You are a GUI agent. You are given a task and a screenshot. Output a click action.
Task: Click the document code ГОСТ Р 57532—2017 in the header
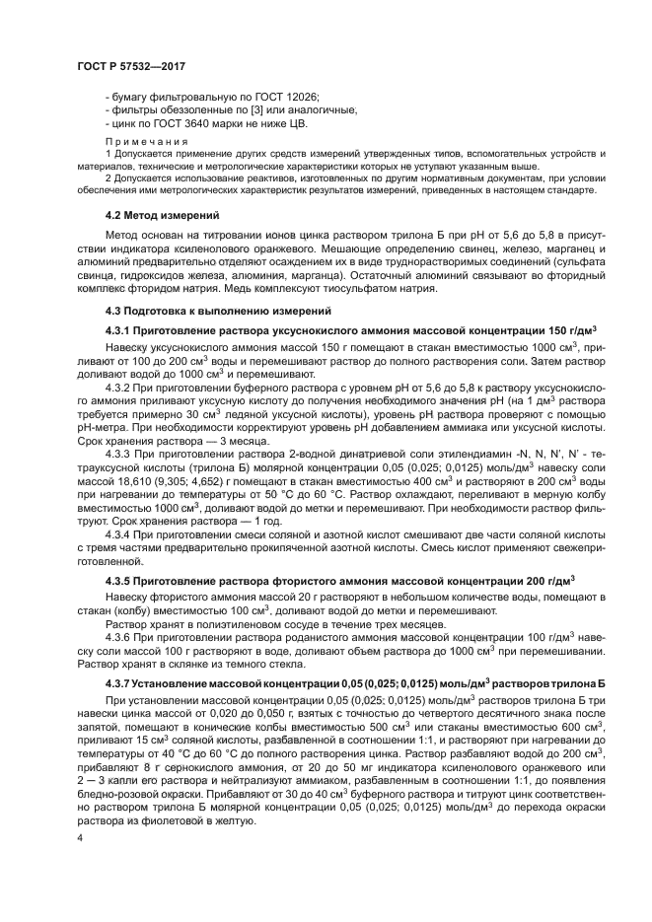pyautogui.click(x=130, y=66)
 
